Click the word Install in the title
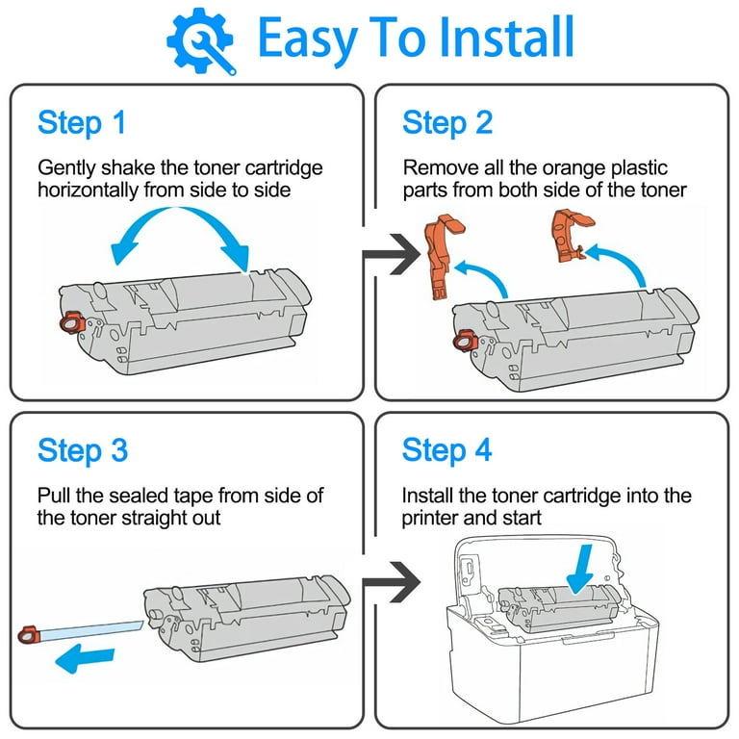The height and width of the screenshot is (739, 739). tap(486, 38)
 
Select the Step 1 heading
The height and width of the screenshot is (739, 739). tap(81, 123)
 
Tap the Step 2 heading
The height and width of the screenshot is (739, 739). tap(447, 123)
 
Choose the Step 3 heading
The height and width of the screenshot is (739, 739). tap(83, 450)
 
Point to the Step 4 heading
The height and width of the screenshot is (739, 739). tap(447, 450)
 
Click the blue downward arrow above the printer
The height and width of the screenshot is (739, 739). tap(583, 566)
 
